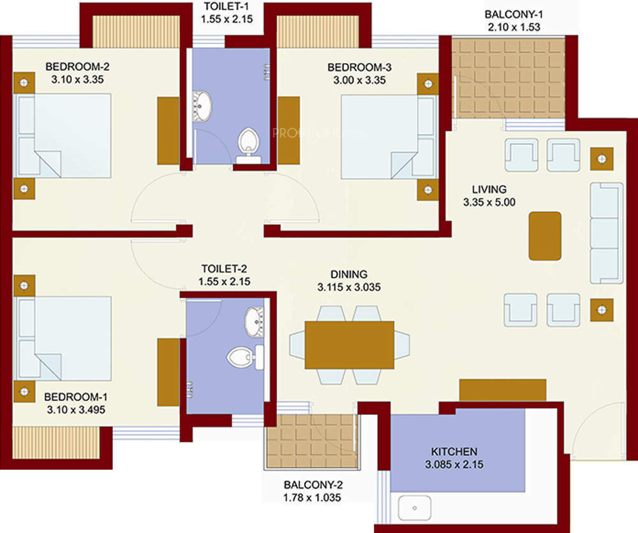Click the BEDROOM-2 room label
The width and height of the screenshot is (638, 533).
point(77,66)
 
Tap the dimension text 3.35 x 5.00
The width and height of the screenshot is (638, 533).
point(489,202)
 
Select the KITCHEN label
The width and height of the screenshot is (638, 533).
point(454,451)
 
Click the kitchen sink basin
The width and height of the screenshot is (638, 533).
point(414,507)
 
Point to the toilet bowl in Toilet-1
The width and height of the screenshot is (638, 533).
point(248,144)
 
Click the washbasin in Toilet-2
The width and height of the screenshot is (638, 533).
point(255,322)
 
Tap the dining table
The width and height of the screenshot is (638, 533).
point(349,345)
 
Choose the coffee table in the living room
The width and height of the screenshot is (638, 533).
point(545,236)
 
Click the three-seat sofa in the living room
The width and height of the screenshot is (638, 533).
point(606,233)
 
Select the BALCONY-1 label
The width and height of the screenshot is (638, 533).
point(514,14)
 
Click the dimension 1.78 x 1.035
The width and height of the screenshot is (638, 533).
point(312,497)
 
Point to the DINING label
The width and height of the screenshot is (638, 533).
point(349,274)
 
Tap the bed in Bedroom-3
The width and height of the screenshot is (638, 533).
point(389,137)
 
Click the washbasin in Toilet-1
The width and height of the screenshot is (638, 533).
point(202,106)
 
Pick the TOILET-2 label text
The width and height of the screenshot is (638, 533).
point(224,269)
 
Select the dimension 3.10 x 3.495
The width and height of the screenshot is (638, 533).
point(76,410)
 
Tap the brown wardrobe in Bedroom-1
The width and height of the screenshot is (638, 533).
point(168,372)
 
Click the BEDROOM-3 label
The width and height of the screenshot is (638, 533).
point(359,67)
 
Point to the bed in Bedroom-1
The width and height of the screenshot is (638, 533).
point(63,338)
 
